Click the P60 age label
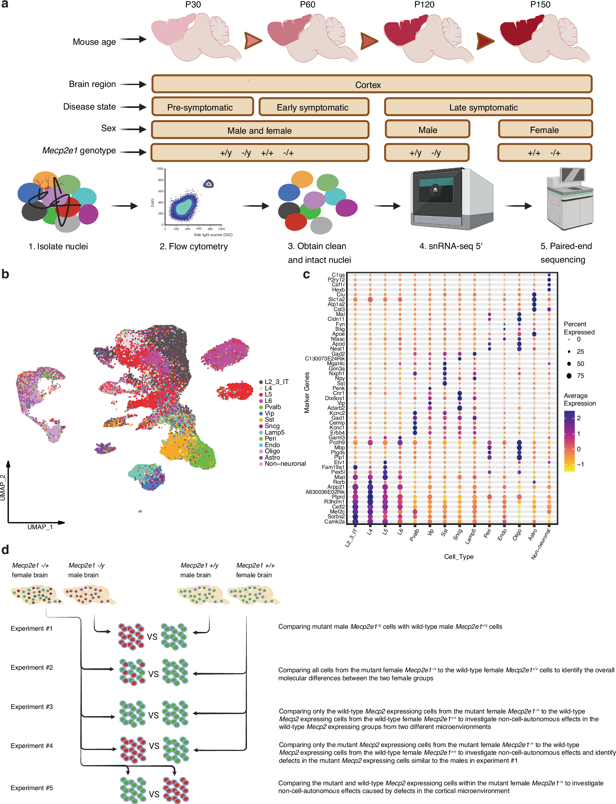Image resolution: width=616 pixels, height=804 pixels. coord(307,5)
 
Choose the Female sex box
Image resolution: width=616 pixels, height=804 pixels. coord(545,130)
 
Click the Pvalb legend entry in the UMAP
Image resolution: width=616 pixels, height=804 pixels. coord(273,407)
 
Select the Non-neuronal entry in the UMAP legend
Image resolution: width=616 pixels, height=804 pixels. coord(285,464)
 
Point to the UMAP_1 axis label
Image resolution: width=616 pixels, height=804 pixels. coord(40,527)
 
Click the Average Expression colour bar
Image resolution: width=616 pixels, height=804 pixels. coord(569,441)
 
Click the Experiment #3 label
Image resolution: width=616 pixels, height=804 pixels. coord(32,707)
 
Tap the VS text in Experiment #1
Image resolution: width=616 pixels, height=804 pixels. coord(152,637)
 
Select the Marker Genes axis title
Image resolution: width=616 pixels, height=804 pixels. coord(307,393)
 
